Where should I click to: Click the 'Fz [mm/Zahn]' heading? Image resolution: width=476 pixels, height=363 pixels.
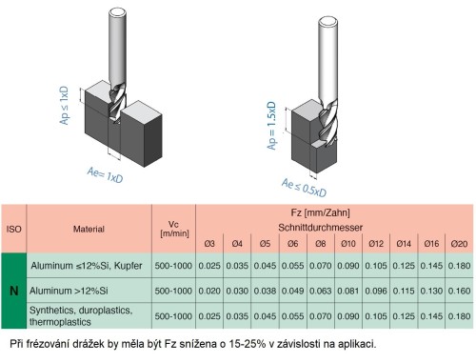pos(334,212)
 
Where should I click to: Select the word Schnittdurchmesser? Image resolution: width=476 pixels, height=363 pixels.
pos(334,227)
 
